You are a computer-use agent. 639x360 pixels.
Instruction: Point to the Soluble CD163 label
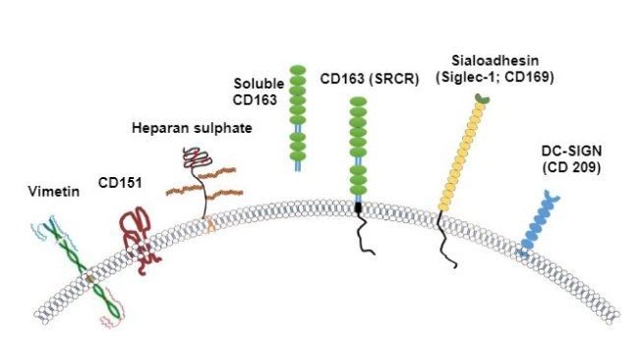tap(257, 90)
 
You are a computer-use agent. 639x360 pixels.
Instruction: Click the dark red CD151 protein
tap(142, 236)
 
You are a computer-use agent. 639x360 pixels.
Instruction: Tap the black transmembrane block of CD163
tap(359, 208)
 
